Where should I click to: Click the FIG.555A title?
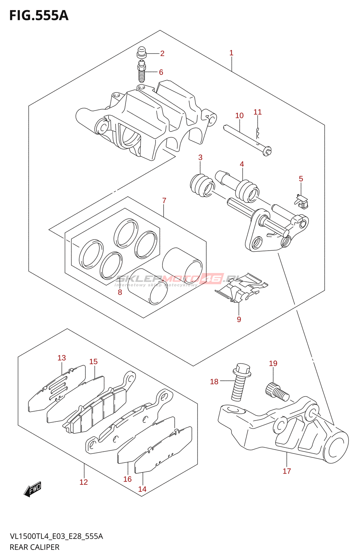coord(39,15)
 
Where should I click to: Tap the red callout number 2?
coord(162,54)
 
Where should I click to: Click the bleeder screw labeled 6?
coord(141,71)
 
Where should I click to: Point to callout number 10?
coord(239,115)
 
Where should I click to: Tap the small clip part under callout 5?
coord(301,202)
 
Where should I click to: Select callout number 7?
coord(164,201)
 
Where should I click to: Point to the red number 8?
coord(120,292)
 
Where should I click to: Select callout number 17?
coord(287,471)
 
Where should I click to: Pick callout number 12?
coord(84,482)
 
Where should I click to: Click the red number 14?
coord(142,489)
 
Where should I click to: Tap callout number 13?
coord(62,358)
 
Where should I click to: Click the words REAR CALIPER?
coord(34,547)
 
